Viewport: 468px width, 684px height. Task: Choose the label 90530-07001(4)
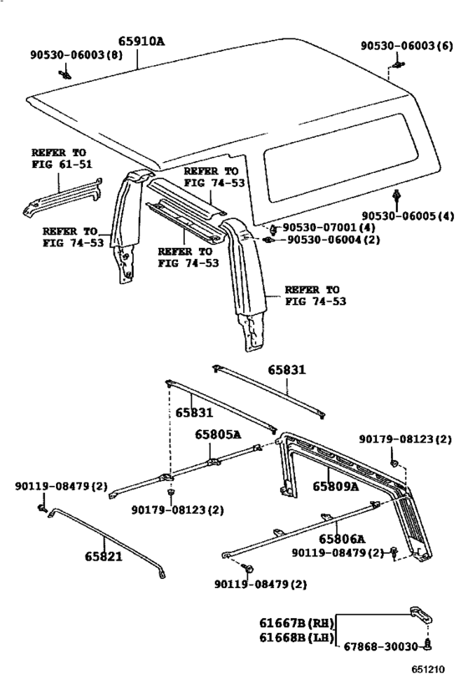click(x=328, y=227)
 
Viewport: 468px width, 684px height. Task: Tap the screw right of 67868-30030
click(x=428, y=645)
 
